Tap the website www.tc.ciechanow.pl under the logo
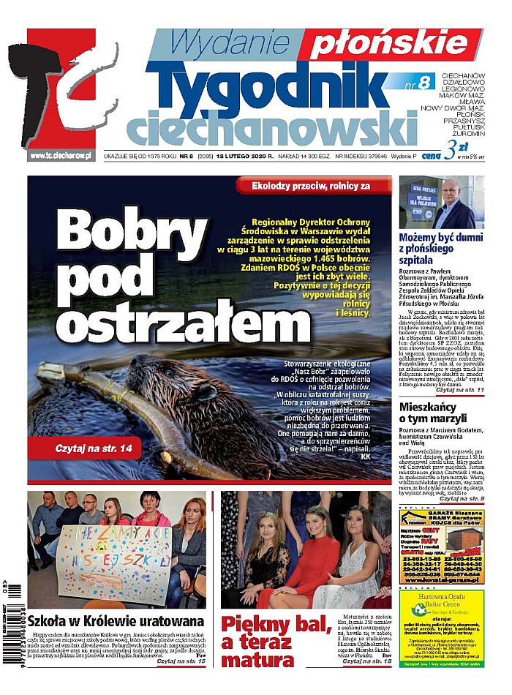pyautogui.click(x=60, y=155)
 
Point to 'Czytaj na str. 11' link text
pyautogui.click(x=460, y=391)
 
